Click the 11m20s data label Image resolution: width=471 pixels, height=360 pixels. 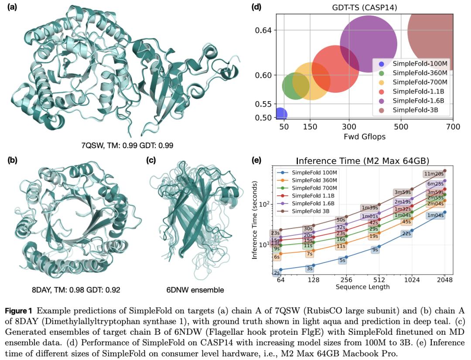pos(434,174)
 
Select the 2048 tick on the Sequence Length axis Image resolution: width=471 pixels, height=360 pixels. pos(445,279)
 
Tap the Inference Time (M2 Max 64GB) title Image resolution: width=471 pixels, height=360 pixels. pos(362,160)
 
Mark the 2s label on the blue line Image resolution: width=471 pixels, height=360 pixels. pos(276,273)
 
